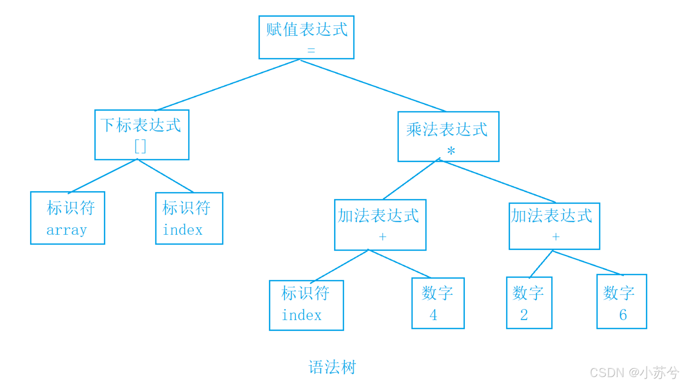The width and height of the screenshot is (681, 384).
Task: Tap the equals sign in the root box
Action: coord(311,50)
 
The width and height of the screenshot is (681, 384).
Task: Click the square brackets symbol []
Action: coord(140,147)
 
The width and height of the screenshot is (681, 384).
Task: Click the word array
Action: coord(67,230)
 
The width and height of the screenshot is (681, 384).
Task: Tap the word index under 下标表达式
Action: coord(183,230)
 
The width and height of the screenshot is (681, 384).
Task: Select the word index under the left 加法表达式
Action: coord(301,315)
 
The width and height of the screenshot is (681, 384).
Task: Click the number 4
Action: coord(433,315)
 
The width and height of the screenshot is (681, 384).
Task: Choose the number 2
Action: coord(524,315)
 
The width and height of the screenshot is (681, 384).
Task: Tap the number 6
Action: coord(623,315)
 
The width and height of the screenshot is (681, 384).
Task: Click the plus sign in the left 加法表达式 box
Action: coord(382,236)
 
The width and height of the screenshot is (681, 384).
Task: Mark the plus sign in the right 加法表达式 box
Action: coord(555,236)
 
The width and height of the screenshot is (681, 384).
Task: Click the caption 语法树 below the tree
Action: coord(332,367)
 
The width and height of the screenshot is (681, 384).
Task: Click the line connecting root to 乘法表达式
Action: coord(373,86)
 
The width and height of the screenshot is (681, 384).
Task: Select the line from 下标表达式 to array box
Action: coord(103,176)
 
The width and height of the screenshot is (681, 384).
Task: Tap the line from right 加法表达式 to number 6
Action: coord(588,263)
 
